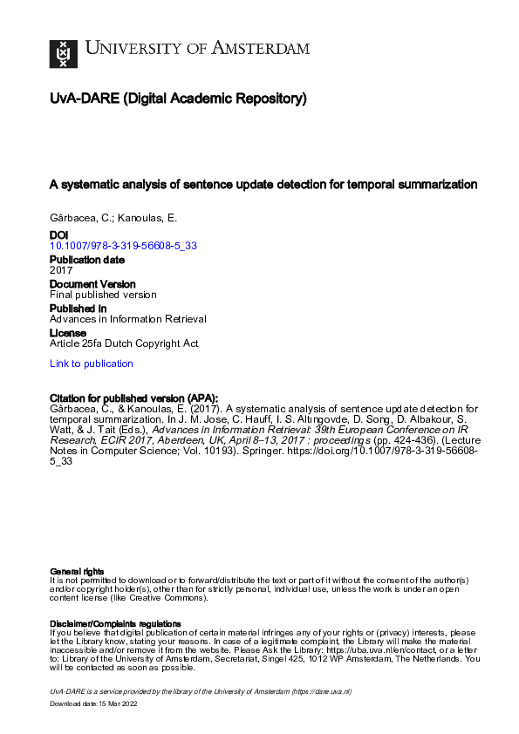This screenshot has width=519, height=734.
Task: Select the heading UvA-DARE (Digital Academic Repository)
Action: coord(178,99)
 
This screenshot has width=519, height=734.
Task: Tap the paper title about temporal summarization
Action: coord(263,185)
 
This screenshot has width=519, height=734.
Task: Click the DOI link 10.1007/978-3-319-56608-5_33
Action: coord(123,246)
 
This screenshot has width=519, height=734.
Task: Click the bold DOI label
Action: coord(59,235)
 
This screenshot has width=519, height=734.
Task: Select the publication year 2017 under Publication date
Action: coord(61,270)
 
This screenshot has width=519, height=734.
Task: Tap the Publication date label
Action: coord(87,260)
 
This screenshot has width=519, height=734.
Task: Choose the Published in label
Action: coord(79,309)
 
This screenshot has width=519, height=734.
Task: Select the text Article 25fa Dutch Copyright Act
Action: coord(124,343)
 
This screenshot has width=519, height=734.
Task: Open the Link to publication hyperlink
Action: coord(92,364)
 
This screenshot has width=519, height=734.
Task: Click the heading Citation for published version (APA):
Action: coord(134,398)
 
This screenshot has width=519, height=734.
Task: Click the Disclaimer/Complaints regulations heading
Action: coord(115,624)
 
